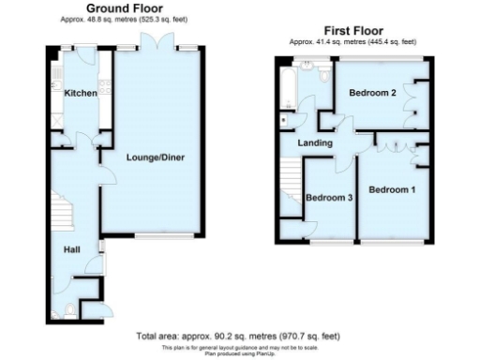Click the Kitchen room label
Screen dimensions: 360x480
click(80, 93)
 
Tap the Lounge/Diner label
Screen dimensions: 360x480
click(155, 157)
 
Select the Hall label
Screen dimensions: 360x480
click(72, 249)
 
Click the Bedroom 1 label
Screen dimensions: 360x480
click(392, 190)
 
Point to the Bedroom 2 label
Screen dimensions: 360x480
click(373, 94)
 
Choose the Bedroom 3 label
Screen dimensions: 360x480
click(329, 197)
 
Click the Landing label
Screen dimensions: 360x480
click(315, 142)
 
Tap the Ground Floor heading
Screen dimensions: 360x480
click(122, 7)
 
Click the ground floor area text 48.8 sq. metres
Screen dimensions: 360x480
click(122, 18)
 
